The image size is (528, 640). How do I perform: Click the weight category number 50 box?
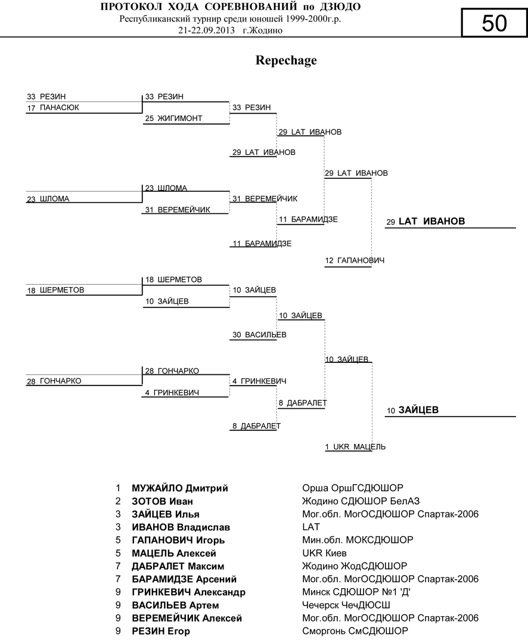pyautogui.click(x=494, y=24)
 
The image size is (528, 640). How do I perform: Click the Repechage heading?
pyautogui.click(x=286, y=60)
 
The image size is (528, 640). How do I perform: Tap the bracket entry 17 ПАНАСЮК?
pyautogui.click(x=53, y=108)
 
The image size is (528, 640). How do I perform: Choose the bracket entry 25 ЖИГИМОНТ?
pyautogui.click(x=173, y=119)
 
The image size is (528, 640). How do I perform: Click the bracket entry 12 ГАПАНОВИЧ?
pyautogui.click(x=355, y=261)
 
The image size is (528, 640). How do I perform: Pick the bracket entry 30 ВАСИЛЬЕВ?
pyautogui.click(x=259, y=335)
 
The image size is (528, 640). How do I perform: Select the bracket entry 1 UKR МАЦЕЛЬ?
pyautogui.click(x=355, y=446)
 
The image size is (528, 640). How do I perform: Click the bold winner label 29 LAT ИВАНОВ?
pyautogui.click(x=425, y=222)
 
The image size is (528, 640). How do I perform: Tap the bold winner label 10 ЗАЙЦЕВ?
pyautogui.click(x=412, y=410)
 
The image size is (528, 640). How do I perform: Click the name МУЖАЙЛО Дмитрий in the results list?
pyautogui.click(x=180, y=488)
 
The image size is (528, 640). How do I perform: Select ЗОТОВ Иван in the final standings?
pyautogui.click(x=162, y=501)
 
